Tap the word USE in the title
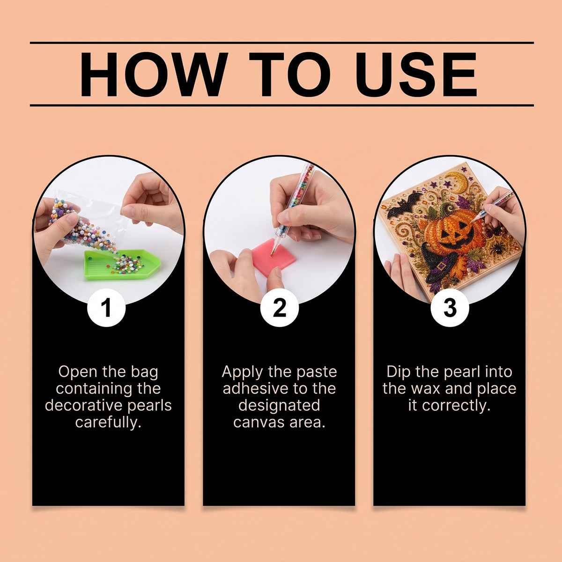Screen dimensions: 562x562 tap(416, 74)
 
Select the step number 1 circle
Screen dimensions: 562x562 tap(106, 308)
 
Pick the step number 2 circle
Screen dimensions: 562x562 tap(280, 308)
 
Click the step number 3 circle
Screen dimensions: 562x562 tap(450, 308)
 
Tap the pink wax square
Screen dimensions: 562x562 tap(274, 257)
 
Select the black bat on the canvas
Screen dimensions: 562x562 tap(404, 204)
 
